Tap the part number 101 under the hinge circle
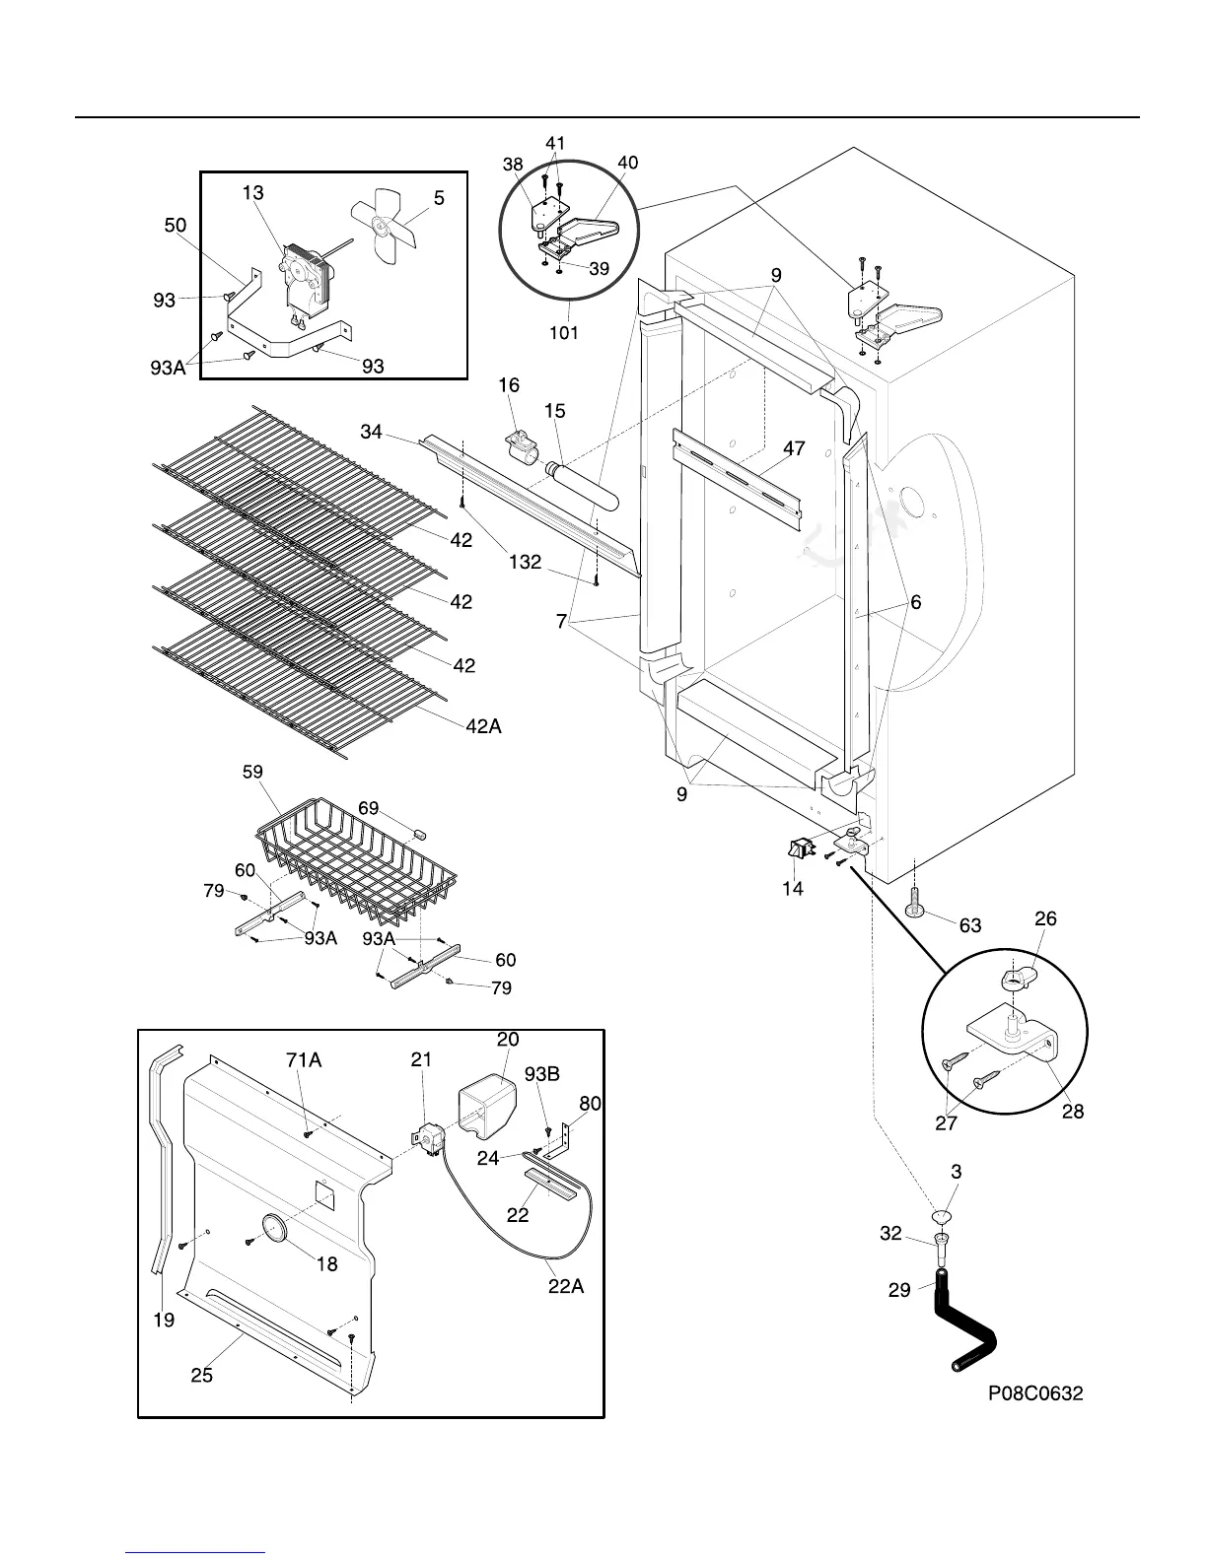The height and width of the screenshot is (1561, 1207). point(564,333)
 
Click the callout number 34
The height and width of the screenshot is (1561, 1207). point(372,432)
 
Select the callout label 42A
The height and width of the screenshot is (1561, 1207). point(483,726)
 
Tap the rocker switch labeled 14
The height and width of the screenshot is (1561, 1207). point(799,847)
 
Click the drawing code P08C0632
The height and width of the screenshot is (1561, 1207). point(1036,1393)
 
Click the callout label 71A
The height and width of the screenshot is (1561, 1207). point(304,1059)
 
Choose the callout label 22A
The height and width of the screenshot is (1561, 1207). point(565,1286)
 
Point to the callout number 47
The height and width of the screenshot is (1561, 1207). point(794,449)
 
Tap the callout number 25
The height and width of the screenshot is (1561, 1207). point(201,1375)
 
